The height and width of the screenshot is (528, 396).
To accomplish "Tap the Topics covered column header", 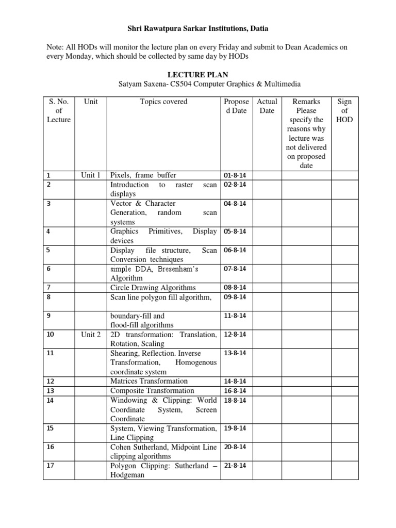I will pyautogui.click(x=163, y=102).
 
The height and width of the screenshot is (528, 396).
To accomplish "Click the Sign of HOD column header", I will pyautogui.click(x=344, y=111).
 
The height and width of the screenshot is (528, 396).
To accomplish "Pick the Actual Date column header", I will pyautogui.click(x=267, y=106).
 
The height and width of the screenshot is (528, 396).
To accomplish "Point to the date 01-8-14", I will pyautogui.click(x=235, y=175).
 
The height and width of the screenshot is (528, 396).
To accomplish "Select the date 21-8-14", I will pyautogui.click(x=235, y=466).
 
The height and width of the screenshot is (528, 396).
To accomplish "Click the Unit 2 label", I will pyautogui.click(x=91, y=335).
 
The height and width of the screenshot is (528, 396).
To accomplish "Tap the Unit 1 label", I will pyautogui.click(x=91, y=175).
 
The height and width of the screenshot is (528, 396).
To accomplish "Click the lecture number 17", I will pyautogui.click(x=50, y=466).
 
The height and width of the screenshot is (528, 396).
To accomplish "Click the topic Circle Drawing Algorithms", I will pyautogui.click(x=153, y=288).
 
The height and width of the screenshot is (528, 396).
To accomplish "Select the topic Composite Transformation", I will pyautogui.click(x=152, y=391).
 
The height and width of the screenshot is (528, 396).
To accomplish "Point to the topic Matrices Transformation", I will pyautogui.click(x=149, y=381).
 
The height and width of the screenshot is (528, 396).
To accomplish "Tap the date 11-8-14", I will pyautogui.click(x=235, y=316).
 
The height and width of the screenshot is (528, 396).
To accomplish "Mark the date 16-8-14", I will pyautogui.click(x=235, y=391).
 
